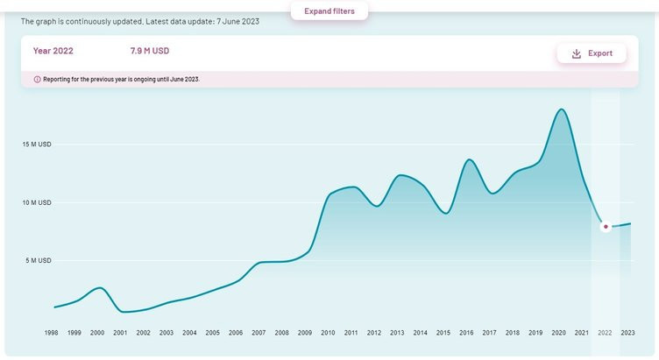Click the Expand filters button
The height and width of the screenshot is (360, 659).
(329, 11)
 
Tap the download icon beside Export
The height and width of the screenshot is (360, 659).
(576, 53)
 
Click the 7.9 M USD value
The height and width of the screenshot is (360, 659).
(150, 52)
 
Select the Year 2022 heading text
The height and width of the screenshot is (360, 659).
(53, 52)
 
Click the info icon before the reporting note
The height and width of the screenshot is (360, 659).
(37, 79)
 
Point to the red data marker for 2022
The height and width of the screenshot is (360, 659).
(606, 227)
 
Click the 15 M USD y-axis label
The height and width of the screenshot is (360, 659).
(38, 145)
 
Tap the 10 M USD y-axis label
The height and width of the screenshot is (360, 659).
(38, 202)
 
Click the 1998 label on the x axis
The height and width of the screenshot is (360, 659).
(52, 333)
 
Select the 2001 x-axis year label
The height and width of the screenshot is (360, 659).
(120, 333)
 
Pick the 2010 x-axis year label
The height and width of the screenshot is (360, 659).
(328, 333)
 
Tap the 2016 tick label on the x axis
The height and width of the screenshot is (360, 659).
(466, 333)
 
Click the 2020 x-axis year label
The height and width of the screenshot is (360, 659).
(559, 333)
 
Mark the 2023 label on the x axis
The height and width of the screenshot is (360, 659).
(628, 333)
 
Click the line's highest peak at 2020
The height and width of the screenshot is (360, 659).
(561, 109)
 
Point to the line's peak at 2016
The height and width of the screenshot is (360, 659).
(470, 159)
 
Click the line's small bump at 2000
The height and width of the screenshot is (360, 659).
(99, 287)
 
